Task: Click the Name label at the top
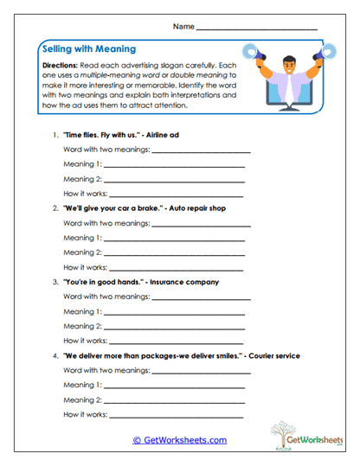(x=183, y=27)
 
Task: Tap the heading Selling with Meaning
(x=87, y=49)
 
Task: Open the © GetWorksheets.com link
(x=179, y=439)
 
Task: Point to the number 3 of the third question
(x=55, y=282)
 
